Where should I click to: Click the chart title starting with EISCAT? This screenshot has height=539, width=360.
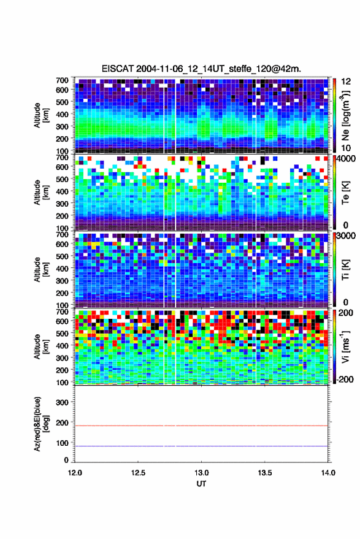(201, 69)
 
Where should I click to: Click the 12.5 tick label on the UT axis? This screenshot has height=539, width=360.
(138, 473)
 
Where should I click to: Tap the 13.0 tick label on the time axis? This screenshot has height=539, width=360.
(201, 473)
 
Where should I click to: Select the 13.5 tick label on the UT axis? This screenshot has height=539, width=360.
(264, 473)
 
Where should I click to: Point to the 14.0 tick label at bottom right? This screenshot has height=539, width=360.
(327, 473)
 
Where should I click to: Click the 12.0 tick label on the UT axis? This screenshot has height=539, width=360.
(75, 473)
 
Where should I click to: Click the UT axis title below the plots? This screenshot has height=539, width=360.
(201, 484)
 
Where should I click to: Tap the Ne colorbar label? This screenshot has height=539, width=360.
(346, 115)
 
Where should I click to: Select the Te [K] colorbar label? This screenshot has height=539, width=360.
(346, 193)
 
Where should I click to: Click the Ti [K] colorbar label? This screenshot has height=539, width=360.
(346, 270)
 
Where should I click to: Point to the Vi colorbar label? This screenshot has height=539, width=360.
(346, 346)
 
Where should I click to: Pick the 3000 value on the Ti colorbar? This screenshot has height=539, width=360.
(346, 236)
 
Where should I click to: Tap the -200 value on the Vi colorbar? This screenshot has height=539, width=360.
(344, 380)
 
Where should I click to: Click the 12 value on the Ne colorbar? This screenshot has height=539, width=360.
(346, 82)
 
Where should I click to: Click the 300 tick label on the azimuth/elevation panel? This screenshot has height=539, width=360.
(62, 402)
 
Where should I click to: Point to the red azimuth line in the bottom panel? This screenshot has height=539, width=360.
(201, 426)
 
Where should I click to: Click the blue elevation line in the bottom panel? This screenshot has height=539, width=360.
(201, 446)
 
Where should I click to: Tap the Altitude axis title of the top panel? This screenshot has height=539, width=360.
(41, 115)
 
